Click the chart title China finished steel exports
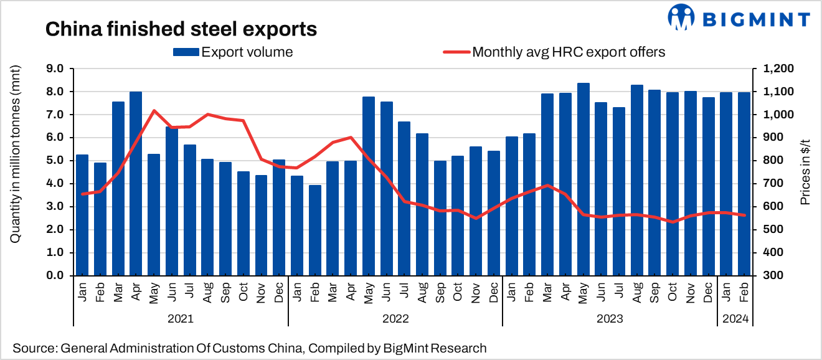(x=181, y=28)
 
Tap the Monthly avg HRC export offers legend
(x=554, y=52)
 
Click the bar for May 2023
(x=583, y=179)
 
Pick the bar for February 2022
(x=314, y=230)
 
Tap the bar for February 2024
(x=744, y=184)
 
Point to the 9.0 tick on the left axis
(x=57, y=69)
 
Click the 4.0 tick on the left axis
(x=57, y=184)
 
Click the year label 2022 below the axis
(x=395, y=319)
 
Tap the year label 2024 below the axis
(x=735, y=319)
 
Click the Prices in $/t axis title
(x=805, y=172)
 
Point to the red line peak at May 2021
(x=154, y=111)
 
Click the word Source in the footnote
(x=32, y=348)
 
